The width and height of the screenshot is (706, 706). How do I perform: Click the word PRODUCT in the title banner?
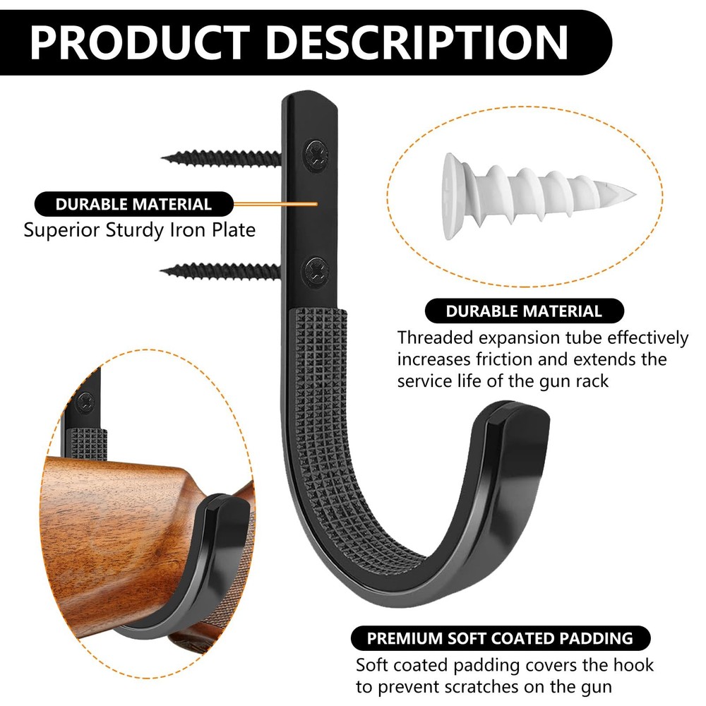(140, 43)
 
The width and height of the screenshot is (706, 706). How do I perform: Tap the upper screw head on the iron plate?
(316, 155)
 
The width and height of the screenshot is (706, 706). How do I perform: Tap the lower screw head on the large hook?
(314, 270)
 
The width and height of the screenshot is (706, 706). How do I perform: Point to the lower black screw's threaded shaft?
(220, 271)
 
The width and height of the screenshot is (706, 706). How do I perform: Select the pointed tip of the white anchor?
(634, 195)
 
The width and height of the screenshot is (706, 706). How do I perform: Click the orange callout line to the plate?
(275, 204)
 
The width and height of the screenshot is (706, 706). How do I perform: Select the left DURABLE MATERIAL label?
(133, 205)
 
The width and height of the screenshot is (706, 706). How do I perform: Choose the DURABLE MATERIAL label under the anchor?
(524, 311)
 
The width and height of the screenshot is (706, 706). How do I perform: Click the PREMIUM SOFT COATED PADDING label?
(501, 638)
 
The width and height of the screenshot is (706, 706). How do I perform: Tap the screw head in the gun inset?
(85, 402)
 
